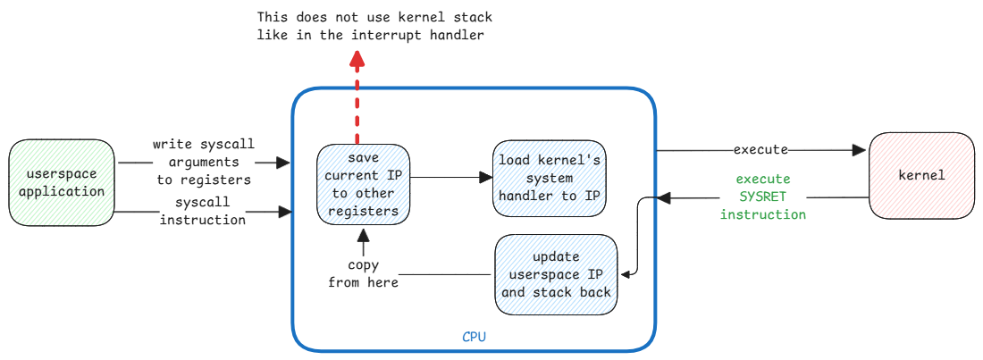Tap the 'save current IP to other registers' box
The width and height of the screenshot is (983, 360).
[363, 184]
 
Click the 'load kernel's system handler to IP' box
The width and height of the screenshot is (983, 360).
[550, 177]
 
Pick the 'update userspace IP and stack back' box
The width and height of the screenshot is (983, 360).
[556, 274]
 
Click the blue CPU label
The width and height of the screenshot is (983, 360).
[475, 337]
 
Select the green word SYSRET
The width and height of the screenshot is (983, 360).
[763, 197]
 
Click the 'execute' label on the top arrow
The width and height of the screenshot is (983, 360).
[760, 148]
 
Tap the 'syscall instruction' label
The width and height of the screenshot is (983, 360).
[202, 211]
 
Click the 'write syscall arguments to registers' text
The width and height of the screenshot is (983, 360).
[203, 162]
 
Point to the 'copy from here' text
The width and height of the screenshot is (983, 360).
[362, 274]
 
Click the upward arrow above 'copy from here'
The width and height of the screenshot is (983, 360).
[363, 241]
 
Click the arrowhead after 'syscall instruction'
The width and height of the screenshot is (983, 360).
[286, 212]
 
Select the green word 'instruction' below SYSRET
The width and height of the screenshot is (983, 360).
[763, 214]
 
